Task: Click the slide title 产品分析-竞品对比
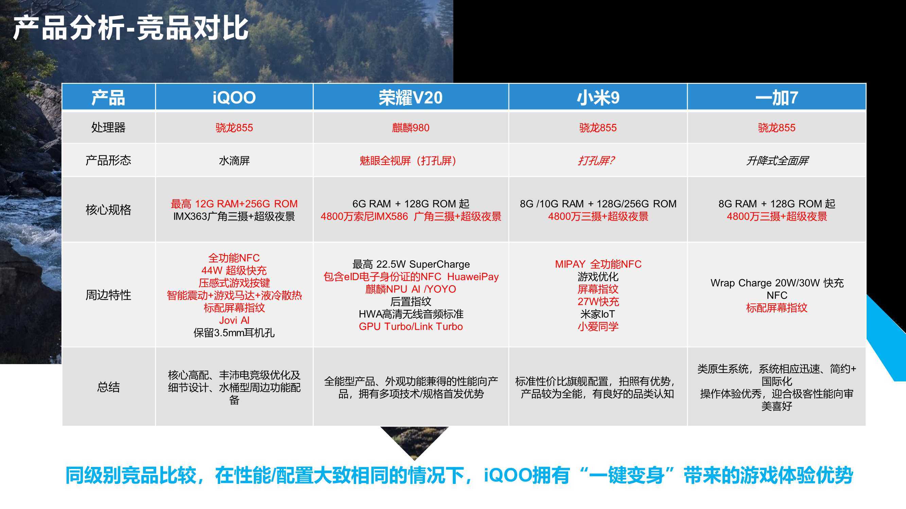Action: point(131,28)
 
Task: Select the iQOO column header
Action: point(234,97)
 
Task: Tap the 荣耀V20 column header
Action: point(411,97)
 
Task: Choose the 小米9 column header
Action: point(598,97)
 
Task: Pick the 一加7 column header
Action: point(777,97)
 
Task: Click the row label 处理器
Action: point(108,127)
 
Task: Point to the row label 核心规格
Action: point(108,210)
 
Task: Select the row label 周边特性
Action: point(108,295)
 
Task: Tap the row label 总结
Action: point(108,387)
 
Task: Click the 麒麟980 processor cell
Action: point(411,128)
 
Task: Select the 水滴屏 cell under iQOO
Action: point(234,161)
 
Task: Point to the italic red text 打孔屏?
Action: point(596,161)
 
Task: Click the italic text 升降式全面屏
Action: point(777,161)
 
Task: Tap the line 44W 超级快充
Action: point(234,270)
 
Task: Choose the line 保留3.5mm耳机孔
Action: point(234,333)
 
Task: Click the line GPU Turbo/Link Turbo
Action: point(411,326)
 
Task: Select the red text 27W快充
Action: point(598,301)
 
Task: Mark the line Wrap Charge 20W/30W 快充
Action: point(777,283)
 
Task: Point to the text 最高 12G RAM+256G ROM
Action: point(234,204)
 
